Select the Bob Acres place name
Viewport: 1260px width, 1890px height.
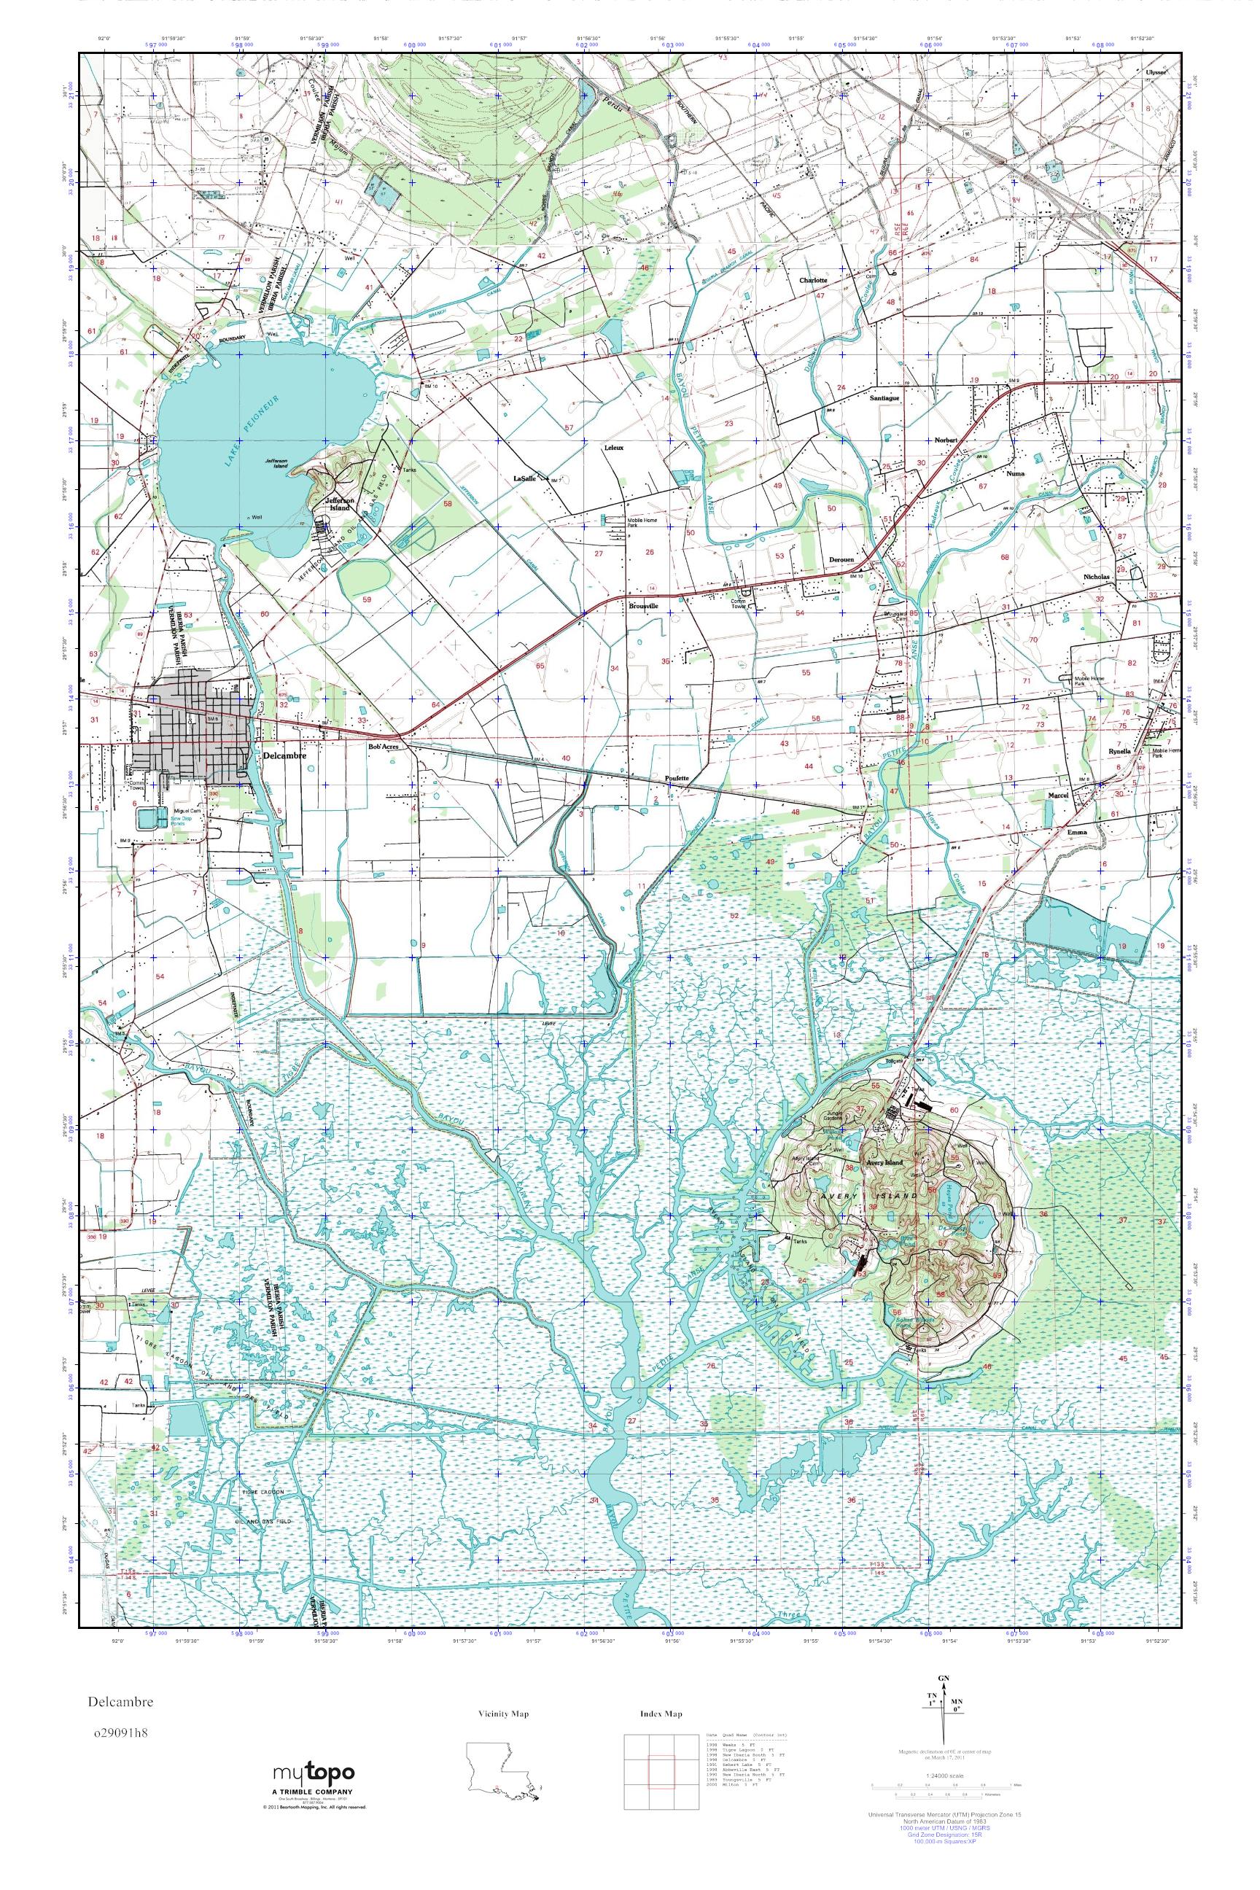(x=384, y=747)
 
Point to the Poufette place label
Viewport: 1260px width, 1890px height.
(x=679, y=778)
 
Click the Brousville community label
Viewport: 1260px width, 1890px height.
(x=645, y=607)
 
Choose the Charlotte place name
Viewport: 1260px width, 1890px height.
(x=813, y=281)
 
